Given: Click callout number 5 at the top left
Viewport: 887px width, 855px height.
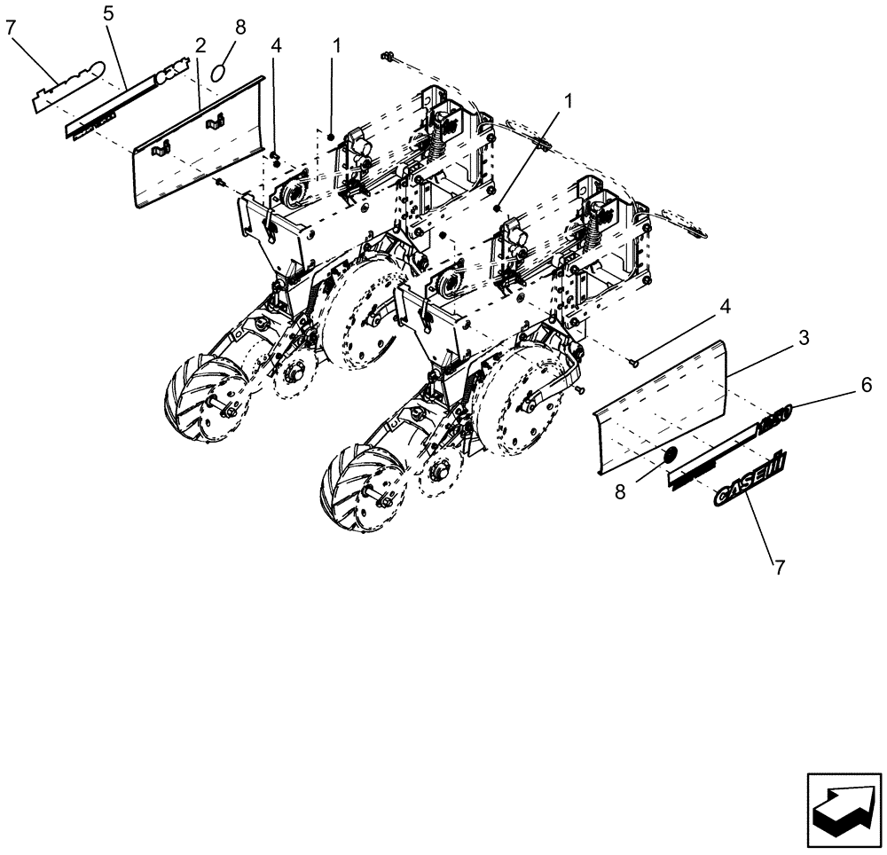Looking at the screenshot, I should point(108,14).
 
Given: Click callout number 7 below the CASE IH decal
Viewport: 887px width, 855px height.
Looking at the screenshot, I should point(780,569).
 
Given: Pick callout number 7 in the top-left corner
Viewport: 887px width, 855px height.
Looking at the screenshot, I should point(11,28).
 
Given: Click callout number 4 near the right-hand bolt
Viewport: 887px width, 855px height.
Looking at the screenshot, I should point(725,307).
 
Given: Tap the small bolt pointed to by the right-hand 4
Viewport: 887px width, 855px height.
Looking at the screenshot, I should point(633,361).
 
